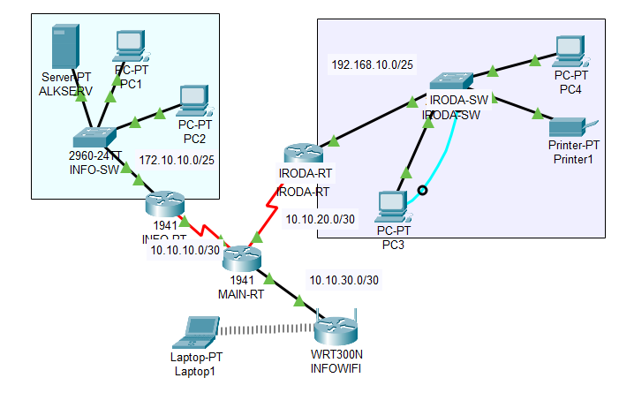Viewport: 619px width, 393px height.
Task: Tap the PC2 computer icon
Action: (x=192, y=100)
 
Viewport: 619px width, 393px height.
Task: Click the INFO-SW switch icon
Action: (x=94, y=138)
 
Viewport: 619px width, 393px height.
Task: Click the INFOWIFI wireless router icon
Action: (x=336, y=329)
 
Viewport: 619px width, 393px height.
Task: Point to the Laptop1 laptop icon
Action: (x=195, y=333)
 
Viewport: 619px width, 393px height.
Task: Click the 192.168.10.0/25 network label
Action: (x=371, y=66)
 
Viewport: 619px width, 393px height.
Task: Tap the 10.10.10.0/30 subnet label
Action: (x=185, y=249)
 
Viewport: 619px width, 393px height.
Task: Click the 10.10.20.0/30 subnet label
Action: (x=320, y=218)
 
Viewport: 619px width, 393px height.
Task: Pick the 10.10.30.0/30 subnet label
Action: (x=344, y=280)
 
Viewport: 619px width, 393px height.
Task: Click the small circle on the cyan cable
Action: (x=423, y=190)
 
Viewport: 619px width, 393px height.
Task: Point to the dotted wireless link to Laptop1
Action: (x=265, y=329)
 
